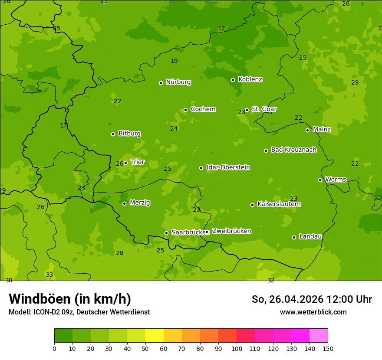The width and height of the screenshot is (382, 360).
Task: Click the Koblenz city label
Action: tap(250, 79)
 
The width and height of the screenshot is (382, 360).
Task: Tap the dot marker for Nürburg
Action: tap(161, 83)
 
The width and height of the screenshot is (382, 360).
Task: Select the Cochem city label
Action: tap(203, 109)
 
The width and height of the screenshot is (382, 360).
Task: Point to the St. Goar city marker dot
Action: tap(247, 110)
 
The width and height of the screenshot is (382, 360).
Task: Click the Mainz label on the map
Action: tap(322, 130)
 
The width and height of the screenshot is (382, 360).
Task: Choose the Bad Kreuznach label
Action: tap(293, 150)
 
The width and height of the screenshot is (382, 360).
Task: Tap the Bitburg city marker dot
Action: tap(113, 134)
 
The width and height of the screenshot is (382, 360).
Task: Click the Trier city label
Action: tap(138, 162)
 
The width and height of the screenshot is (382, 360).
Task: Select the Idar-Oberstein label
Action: tap(228, 167)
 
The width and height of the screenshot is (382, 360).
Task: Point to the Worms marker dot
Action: tap(320, 180)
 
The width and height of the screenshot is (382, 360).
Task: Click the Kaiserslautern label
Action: tap(279, 204)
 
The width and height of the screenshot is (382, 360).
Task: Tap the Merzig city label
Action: tap(140, 203)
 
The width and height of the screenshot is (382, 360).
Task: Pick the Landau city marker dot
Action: tap(294, 237)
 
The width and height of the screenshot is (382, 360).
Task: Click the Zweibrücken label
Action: tap(231, 231)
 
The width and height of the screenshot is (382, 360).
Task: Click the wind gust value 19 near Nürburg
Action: tap(174, 61)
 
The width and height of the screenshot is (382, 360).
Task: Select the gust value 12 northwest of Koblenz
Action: tap(221, 29)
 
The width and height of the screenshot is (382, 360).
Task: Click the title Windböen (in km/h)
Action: tap(70, 299)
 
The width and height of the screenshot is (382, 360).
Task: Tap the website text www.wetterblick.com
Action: tap(313, 312)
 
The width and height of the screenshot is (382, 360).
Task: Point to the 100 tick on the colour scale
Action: tap(237, 348)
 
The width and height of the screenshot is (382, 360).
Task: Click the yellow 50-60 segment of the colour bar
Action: tap(155, 336)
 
